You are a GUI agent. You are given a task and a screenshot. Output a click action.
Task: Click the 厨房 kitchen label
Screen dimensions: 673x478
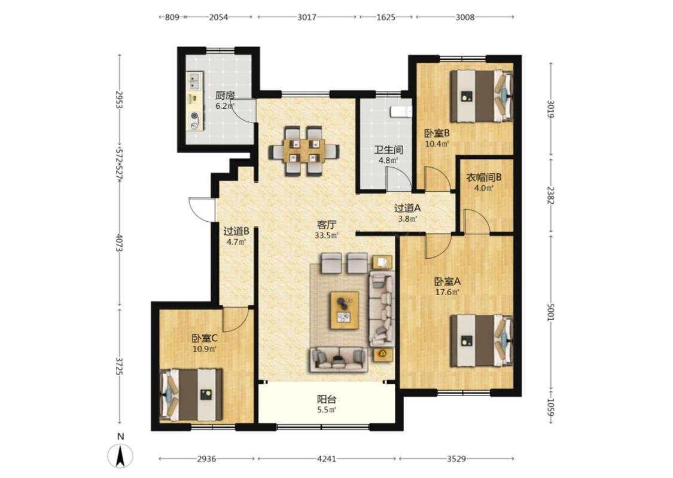coord(225,95)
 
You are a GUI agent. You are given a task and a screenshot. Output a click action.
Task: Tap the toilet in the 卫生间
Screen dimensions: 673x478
coord(401,112)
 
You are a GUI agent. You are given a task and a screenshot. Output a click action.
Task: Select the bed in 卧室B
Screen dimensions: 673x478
coord(482,96)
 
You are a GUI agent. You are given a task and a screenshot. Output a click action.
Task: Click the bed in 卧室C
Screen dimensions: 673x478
coord(191,395)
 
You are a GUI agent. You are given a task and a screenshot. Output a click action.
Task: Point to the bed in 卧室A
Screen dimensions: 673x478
coord(482,341)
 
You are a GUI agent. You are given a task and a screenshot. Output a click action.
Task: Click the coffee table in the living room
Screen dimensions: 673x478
coord(344,310)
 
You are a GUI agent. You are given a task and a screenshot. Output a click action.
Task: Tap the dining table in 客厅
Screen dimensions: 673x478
coord(304,151)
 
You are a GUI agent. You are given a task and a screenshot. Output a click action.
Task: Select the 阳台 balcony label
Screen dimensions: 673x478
coord(327,400)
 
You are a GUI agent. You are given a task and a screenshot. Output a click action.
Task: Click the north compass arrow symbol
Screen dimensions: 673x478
coord(120,456)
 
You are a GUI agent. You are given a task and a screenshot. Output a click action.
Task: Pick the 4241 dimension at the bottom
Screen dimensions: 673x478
coord(327,459)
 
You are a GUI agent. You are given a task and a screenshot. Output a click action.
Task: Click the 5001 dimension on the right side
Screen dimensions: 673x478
coord(551,312)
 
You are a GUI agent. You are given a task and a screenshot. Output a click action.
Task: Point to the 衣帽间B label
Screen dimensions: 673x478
coord(484,177)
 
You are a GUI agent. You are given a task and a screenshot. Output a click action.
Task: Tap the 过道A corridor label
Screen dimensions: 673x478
coord(407,209)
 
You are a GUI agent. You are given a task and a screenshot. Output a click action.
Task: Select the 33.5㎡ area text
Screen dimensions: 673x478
coord(327,235)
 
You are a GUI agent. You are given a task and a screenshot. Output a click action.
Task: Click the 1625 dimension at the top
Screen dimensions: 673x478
coord(386,17)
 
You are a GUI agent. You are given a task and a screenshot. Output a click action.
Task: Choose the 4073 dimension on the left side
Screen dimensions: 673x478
coord(120,243)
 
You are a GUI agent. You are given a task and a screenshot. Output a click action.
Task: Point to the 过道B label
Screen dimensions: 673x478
coord(236,231)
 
